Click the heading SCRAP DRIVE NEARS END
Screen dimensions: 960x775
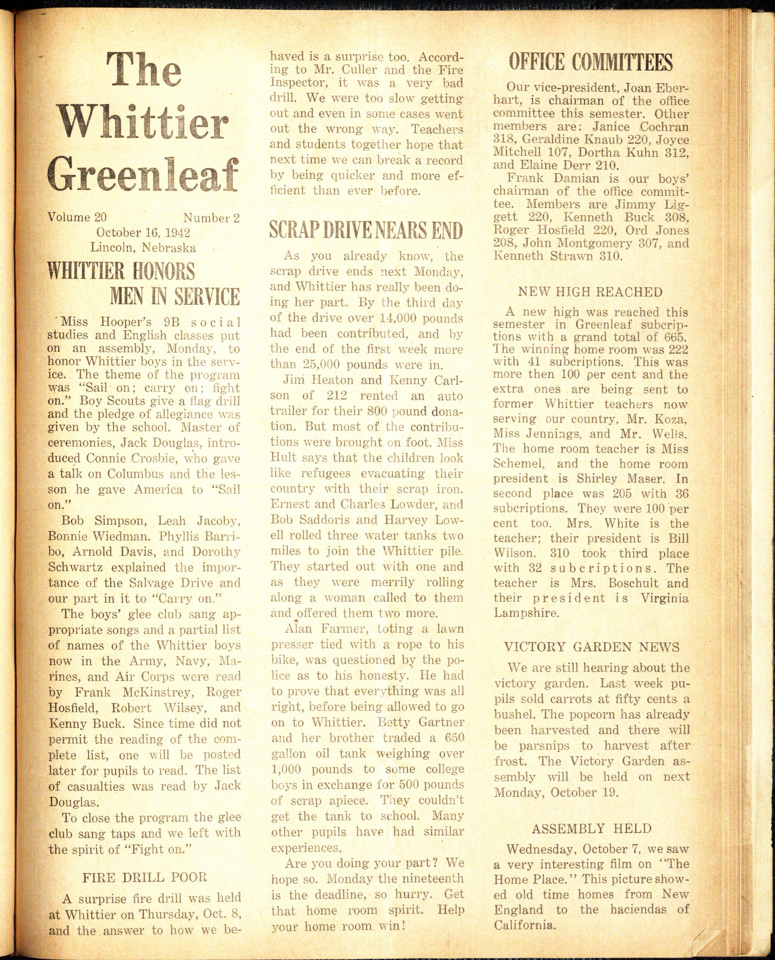[366, 230]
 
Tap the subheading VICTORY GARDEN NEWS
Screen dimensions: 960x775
[592, 647]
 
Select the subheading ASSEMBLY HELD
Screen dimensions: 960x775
[592, 829]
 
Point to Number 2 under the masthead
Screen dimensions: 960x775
[211, 218]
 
